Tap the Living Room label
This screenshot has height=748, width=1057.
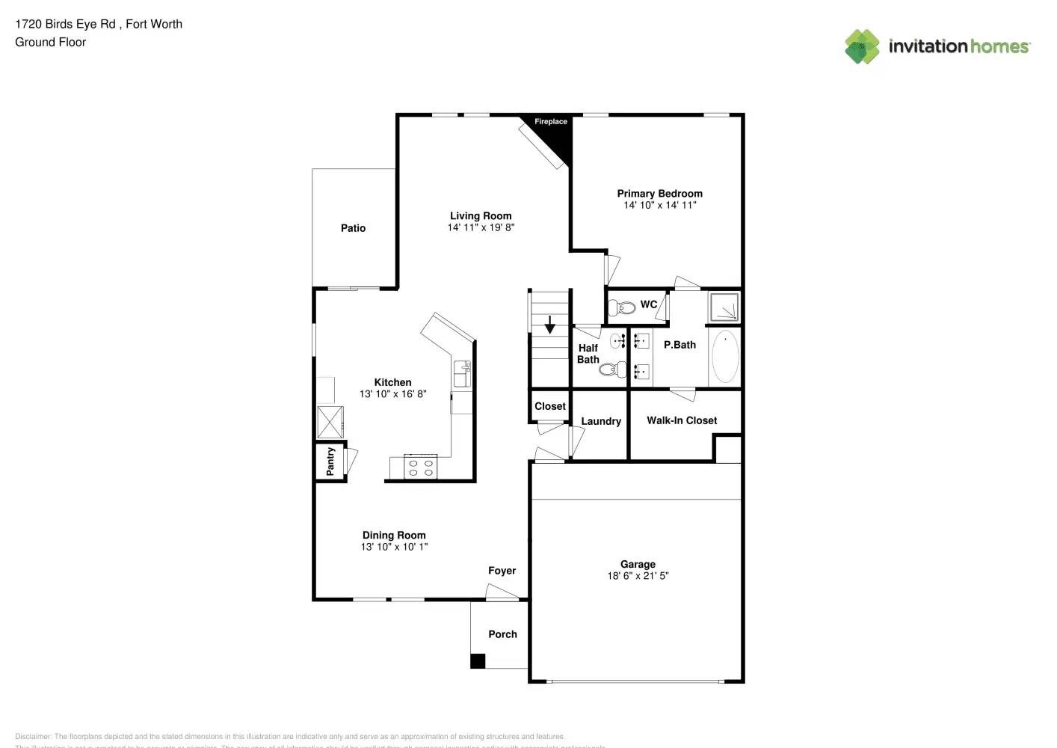(x=481, y=215)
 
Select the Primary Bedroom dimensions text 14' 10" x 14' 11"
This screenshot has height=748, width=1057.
(x=659, y=205)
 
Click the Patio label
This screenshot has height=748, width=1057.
(x=353, y=228)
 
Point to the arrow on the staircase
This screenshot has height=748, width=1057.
(x=550, y=325)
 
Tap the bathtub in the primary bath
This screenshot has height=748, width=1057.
(x=724, y=358)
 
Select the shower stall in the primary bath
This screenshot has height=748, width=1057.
(x=724, y=307)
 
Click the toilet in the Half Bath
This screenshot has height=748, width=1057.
(x=613, y=369)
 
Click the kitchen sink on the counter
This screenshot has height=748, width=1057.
(x=462, y=373)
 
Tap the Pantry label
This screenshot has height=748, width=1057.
(x=330, y=462)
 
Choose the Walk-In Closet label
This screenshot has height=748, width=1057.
(x=682, y=420)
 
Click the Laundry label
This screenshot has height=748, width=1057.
(x=601, y=421)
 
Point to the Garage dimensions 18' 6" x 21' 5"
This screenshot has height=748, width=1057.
(x=638, y=576)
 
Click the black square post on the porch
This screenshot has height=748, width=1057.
(x=478, y=661)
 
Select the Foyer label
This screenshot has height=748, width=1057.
(x=502, y=571)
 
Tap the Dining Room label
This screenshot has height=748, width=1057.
(x=394, y=535)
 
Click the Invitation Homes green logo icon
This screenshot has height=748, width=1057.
(x=862, y=46)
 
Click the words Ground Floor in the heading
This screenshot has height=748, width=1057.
(x=50, y=43)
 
